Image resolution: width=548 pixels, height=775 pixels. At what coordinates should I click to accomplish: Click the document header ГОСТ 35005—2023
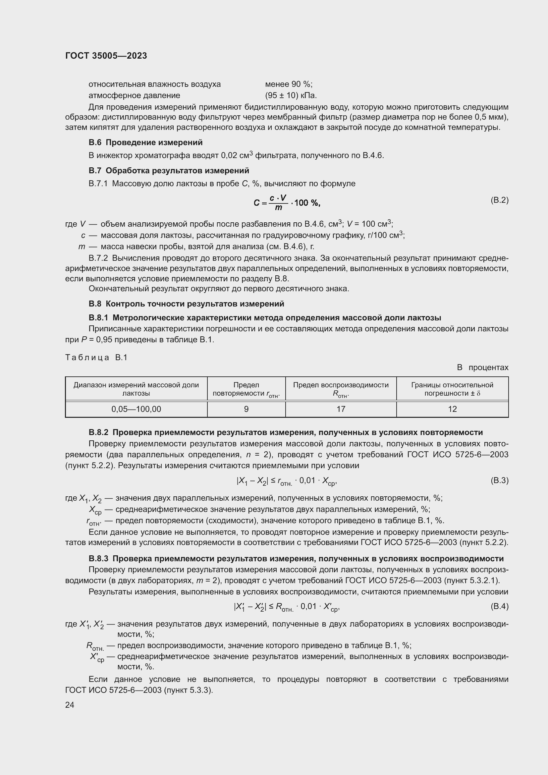(106, 56)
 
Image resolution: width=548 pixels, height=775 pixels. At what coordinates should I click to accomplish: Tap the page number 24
(70, 705)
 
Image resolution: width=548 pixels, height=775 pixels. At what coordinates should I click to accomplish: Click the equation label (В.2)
(499, 200)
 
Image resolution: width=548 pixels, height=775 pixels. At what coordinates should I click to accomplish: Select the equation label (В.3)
(499, 480)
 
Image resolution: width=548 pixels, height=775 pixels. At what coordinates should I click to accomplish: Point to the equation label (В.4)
(499, 607)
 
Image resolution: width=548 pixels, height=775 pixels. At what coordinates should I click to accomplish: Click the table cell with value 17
(341, 409)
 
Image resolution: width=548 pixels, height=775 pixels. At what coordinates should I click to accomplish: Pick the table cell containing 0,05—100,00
(136, 409)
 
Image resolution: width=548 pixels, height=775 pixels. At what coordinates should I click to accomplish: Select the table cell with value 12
(452, 409)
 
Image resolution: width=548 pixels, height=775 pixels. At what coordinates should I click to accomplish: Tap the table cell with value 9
(246, 409)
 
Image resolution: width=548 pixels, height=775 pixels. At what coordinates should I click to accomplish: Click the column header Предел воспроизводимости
(341, 389)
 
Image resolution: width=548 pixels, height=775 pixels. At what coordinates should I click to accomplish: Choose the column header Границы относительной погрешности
(452, 389)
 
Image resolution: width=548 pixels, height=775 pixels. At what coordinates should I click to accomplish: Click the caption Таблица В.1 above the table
(96, 358)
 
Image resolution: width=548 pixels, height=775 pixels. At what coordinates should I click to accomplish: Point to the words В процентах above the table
(482, 367)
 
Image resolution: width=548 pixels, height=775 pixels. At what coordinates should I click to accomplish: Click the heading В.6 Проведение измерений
(145, 142)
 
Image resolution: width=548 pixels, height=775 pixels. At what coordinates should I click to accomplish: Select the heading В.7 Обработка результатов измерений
(169, 170)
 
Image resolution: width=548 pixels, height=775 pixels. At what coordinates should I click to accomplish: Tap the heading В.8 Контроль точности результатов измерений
(186, 304)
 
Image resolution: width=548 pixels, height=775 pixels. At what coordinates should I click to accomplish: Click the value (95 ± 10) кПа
(291, 95)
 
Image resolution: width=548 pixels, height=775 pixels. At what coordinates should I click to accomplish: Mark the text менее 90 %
(289, 84)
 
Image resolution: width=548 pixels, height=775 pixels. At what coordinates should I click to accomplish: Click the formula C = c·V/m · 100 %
(287, 202)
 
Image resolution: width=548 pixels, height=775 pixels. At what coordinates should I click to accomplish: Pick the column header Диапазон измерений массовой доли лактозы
(136, 389)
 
